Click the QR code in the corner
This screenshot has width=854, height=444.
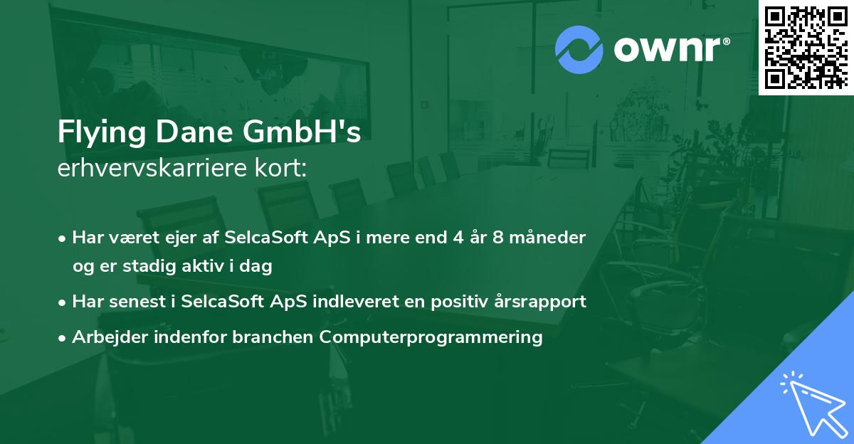[806, 47]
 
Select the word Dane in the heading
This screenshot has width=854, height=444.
[194, 132]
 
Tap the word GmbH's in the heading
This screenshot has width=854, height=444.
[302, 132]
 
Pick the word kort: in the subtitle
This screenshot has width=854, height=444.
[281, 168]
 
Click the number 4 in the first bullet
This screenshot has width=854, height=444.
[458, 238]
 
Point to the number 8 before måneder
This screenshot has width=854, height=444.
[498, 238]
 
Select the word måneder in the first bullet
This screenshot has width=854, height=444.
[547, 238]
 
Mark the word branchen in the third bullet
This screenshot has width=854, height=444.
[273, 337]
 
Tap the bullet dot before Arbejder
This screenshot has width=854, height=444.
[62, 338]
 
